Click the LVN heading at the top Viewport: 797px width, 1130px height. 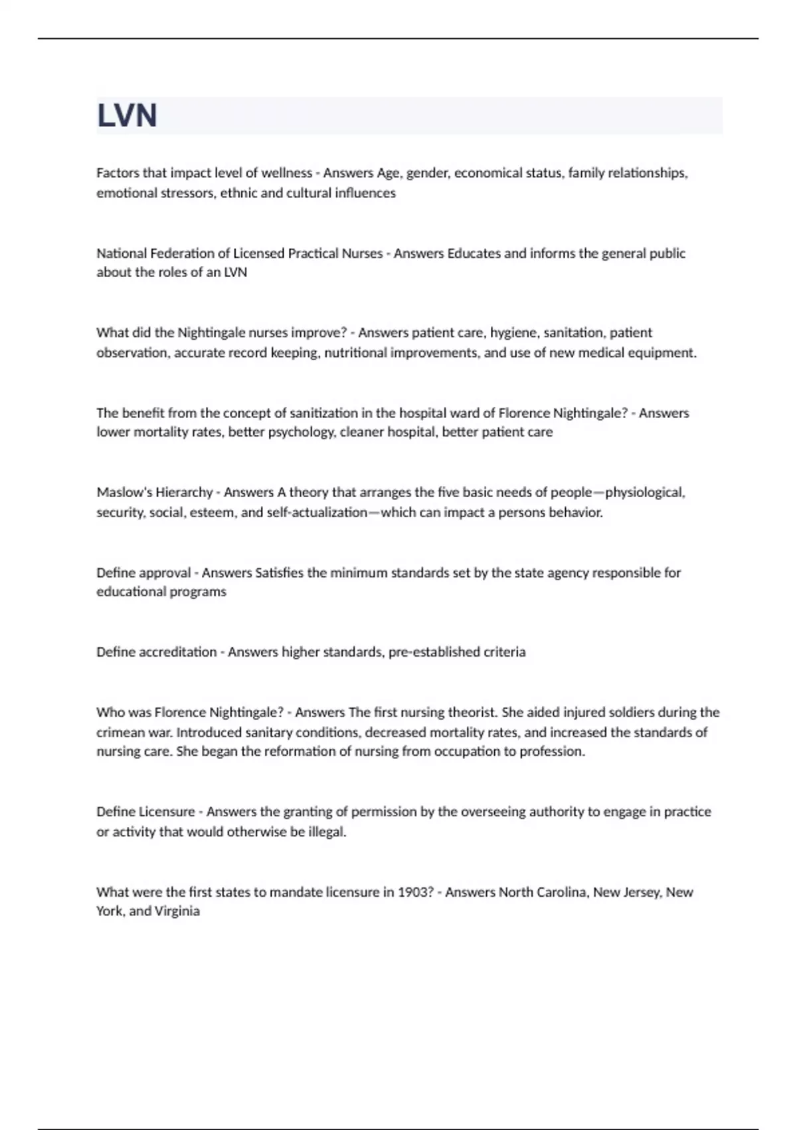[127, 116]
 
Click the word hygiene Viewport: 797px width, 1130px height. [513, 333]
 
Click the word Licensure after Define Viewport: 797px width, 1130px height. [167, 812]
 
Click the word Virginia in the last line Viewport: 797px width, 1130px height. [177, 911]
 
